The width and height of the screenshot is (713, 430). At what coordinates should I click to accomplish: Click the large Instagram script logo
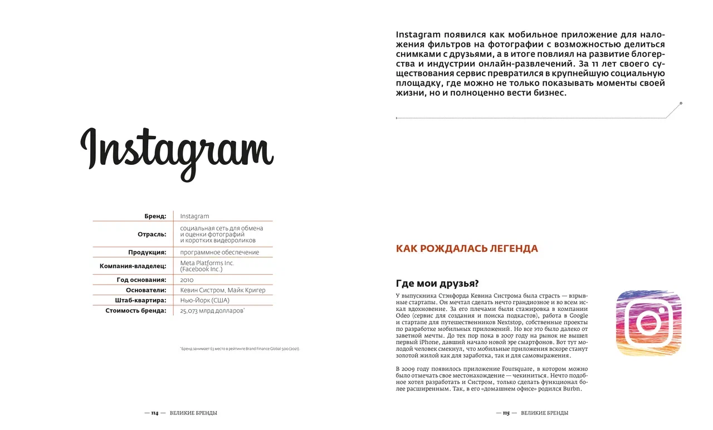[177, 150]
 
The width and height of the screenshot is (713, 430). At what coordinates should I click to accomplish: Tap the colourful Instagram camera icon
[648, 323]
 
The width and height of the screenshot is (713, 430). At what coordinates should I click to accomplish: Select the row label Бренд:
[155, 216]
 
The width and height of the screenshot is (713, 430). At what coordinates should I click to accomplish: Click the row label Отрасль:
[152, 234]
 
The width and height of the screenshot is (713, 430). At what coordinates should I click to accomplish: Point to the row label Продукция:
[147, 252]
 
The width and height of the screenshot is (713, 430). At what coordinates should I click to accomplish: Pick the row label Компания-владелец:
[133, 266]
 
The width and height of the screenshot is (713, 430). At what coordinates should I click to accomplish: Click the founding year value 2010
[187, 280]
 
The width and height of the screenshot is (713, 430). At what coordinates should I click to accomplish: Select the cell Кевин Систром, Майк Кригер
[223, 290]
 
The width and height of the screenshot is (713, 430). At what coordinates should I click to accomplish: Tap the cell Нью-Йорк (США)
[204, 300]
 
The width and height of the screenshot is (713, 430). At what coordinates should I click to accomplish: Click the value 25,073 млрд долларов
[212, 311]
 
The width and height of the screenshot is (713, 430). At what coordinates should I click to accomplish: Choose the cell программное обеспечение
[219, 252]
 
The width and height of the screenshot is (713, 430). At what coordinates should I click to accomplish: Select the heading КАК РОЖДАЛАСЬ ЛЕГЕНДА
[467, 249]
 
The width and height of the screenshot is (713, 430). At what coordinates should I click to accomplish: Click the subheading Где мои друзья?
[437, 283]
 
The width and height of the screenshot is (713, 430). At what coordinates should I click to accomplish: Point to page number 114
[154, 413]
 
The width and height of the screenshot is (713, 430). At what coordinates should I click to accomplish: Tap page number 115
[506, 413]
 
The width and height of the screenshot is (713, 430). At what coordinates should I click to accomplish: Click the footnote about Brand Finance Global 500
[240, 349]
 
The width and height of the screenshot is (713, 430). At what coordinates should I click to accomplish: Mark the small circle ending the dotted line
[681, 104]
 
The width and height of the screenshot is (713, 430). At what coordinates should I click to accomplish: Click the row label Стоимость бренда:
[136, 311]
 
